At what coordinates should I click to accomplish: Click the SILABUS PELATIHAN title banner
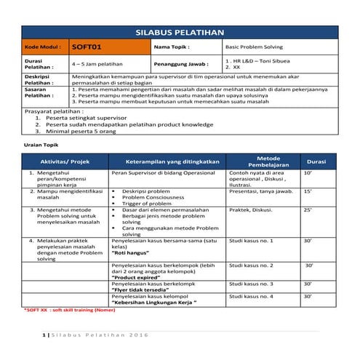(180, 33)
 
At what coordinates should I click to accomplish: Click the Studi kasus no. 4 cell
(251, 297)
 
